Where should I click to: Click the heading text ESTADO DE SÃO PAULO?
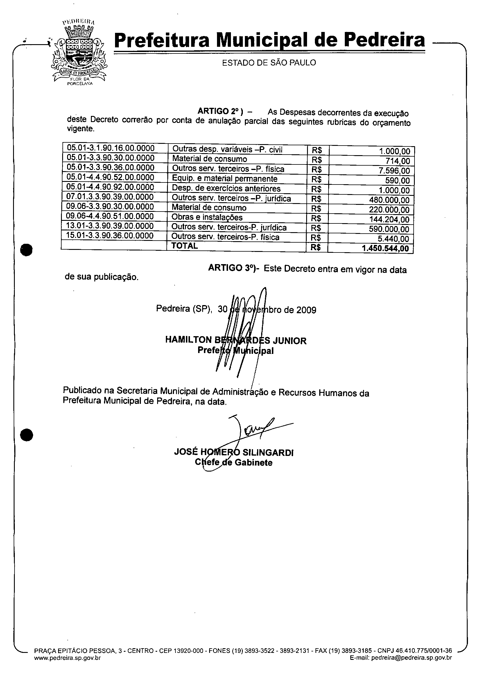click(x=269, y=63)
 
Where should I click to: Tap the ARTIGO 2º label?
click(x=220, y=111)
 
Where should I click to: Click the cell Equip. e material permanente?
click(x=225, y=179)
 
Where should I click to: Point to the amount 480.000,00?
click(x=389, y=200)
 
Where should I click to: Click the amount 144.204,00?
click(x=389, y=219)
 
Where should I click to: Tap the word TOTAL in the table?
click(x=185, y=246)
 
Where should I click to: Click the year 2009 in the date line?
click(x=306, y=310)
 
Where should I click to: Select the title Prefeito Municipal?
click(x=235, y=350)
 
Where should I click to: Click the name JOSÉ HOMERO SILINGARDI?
click(x=234, y=452)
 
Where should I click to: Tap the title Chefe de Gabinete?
click(x=234, y=463)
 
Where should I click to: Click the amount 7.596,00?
click(x=394, y=171)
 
